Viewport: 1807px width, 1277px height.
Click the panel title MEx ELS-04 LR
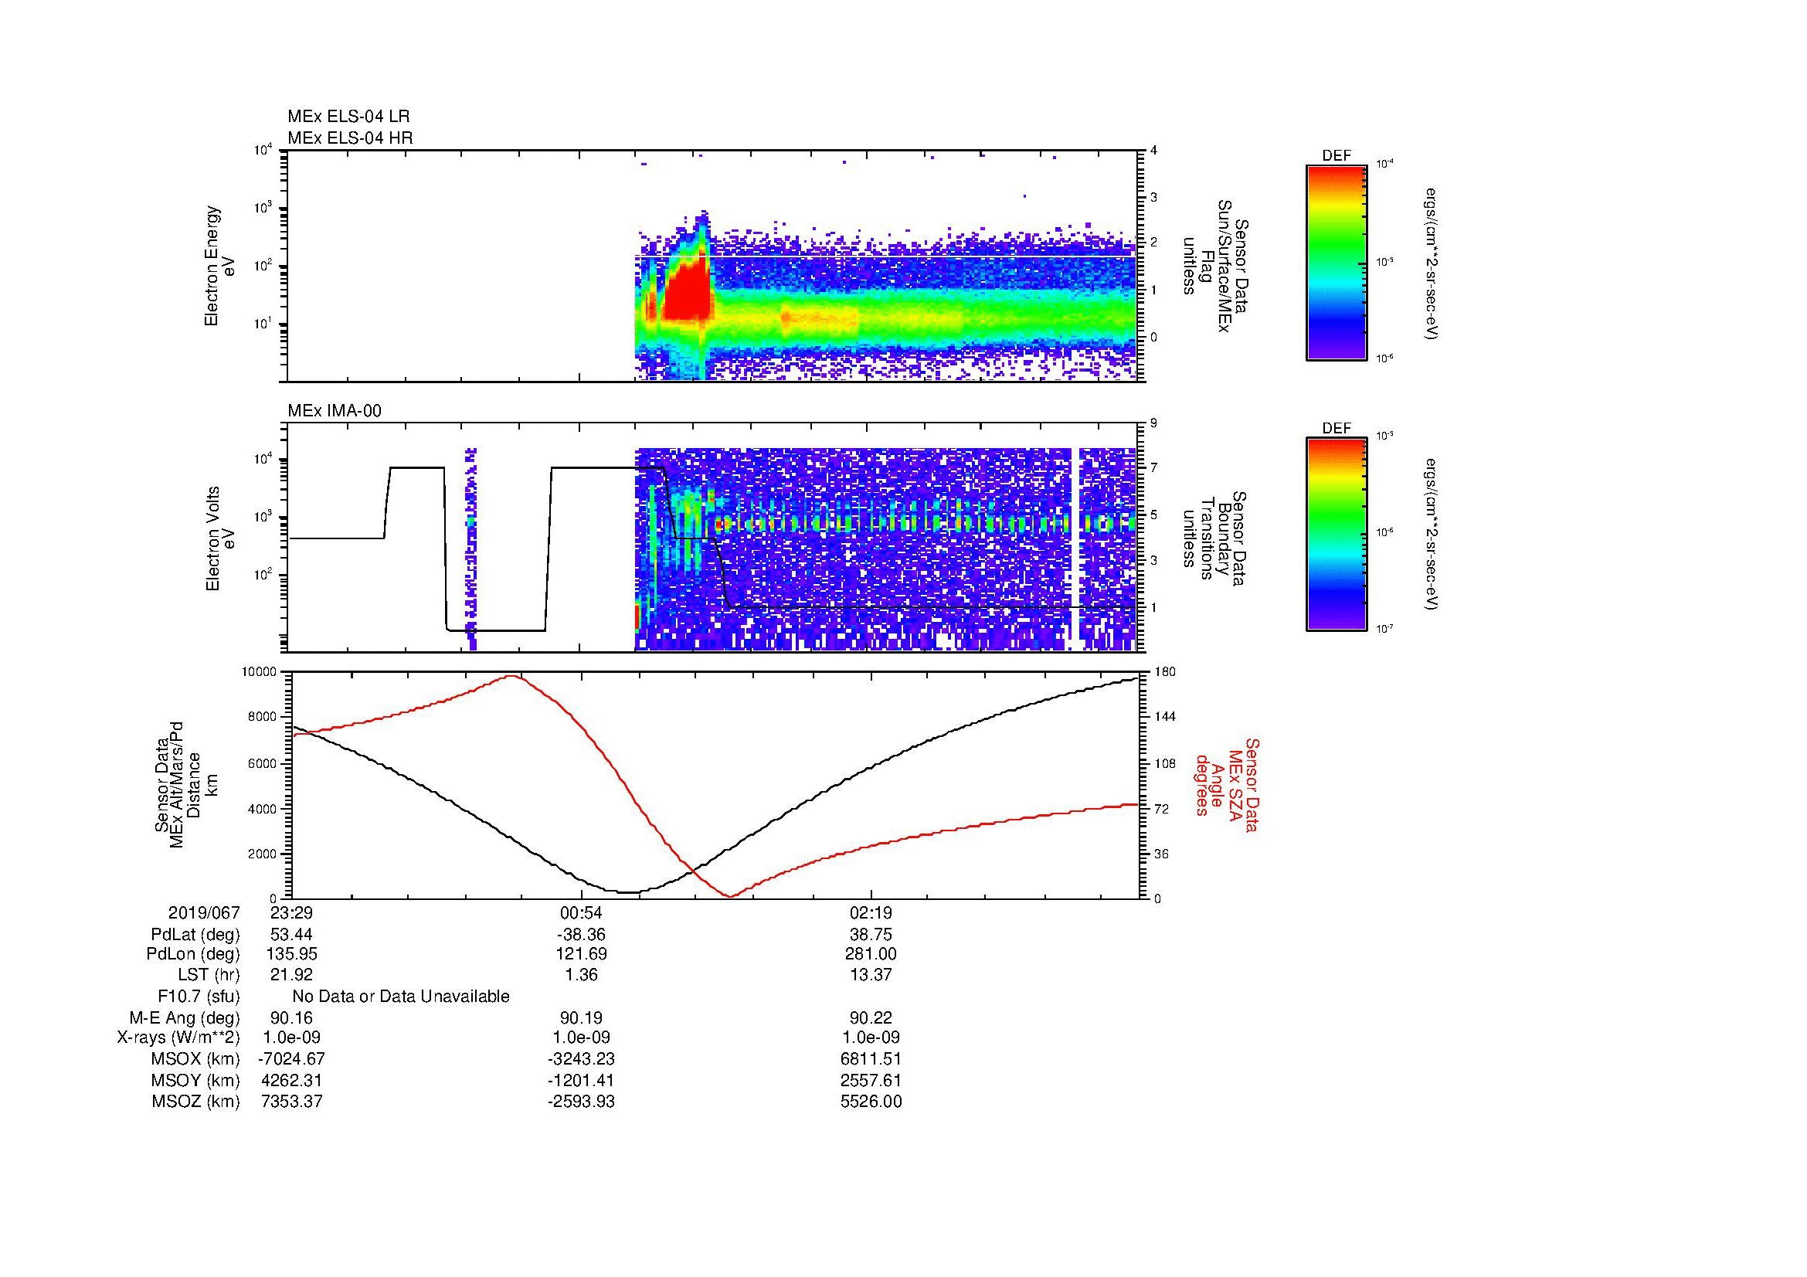tap(348, 117)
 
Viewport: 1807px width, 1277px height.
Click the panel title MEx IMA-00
tap(335, 411)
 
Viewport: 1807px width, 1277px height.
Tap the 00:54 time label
tap(581, 912)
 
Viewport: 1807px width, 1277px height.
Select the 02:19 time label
tap(871, 912)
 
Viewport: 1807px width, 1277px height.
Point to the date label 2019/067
tap(204, 912)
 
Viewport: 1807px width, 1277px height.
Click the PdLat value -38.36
tap(581, 935)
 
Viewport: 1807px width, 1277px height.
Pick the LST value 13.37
tap(871, 975)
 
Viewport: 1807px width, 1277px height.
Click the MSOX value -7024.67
tap(291, 1059)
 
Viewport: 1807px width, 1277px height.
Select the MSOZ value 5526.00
tap(871, 1102)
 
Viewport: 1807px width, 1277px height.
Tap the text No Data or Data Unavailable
tap(401, 997)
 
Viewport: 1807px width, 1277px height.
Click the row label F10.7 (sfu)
tap(199, 997)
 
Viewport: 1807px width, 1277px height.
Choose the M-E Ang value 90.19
tap(581, 1017)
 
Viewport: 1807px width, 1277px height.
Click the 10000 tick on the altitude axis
tap(259, 672)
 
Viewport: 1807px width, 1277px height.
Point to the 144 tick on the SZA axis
tap(1164, 717)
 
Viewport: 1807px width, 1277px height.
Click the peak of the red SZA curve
tap(512, 676)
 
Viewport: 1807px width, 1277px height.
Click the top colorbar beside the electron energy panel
tap(1336, 262)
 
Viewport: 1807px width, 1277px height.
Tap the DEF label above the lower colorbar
tap(1337, 429)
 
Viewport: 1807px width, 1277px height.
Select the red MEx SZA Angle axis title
tap(1226, 784)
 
